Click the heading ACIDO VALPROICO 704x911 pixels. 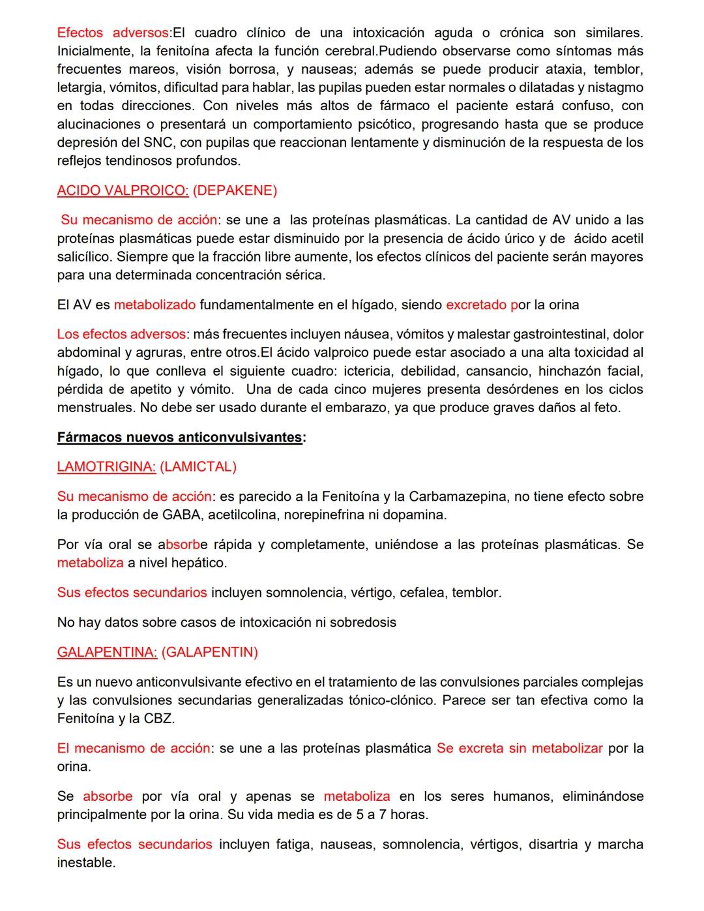click(123, 190)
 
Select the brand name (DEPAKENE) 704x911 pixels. click(235, 190)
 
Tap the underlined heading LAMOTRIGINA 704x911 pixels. click(106, 467)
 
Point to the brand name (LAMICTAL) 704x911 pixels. click(198, 467)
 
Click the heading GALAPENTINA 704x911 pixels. click(107, 652)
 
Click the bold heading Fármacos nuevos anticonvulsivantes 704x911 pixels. click(180, 437)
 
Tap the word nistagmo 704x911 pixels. click(614, 87)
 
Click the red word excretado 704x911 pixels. click(476, 305)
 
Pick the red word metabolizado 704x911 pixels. click(154, 305)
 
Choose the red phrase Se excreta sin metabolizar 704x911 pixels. click(520, 748)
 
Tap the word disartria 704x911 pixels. click(553, 844)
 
